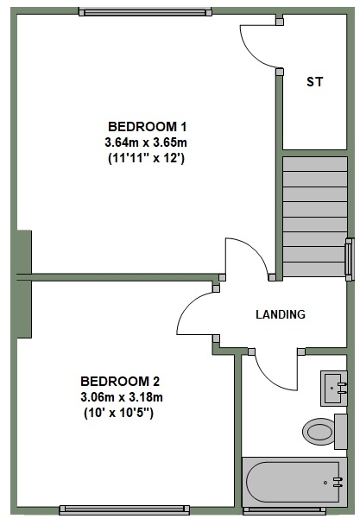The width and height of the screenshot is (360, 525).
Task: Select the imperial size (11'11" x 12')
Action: pos(147,158)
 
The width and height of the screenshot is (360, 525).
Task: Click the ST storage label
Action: pos(315,82)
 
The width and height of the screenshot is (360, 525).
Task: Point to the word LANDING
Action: pos(281,314)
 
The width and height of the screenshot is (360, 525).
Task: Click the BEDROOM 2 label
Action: pos(120,381)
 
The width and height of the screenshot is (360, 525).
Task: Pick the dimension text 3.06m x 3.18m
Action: pos(122,397)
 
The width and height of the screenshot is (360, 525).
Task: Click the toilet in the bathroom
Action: pos(321,429)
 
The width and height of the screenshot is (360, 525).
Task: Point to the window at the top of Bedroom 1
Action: pos(144,11)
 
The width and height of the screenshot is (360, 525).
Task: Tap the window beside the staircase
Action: pos(349,258)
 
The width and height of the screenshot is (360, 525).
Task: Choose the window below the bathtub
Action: pos(294,509)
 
